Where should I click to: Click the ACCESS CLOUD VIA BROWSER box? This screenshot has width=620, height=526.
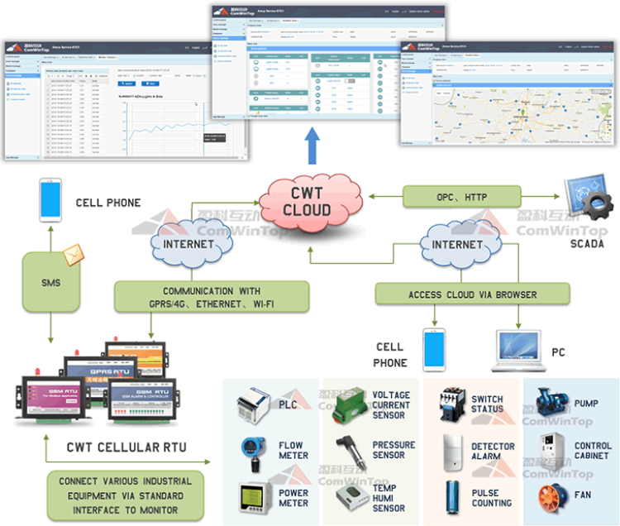click(x=472, y=294)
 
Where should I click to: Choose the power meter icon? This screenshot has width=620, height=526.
click(x=251, y=496)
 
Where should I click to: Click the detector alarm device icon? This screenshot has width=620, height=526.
click(x=453, y=452)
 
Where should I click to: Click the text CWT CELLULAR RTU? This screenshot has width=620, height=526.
click(x=126, y=447)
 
